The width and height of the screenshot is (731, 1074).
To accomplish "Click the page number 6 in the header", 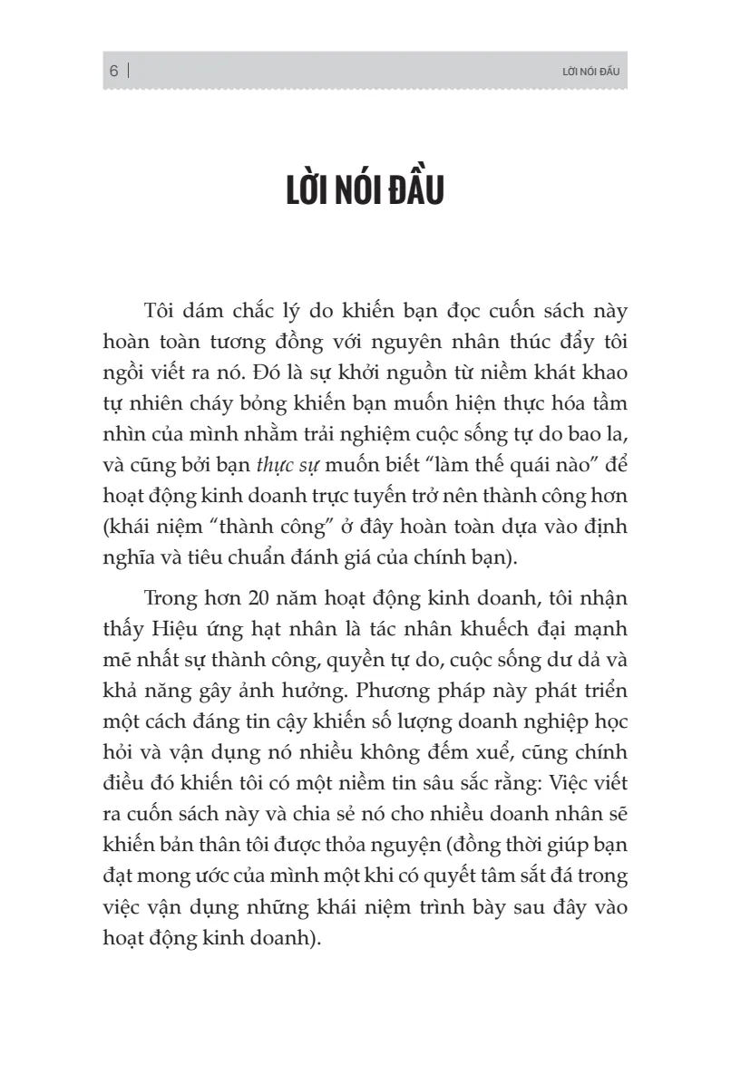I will tap(114, 72).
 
